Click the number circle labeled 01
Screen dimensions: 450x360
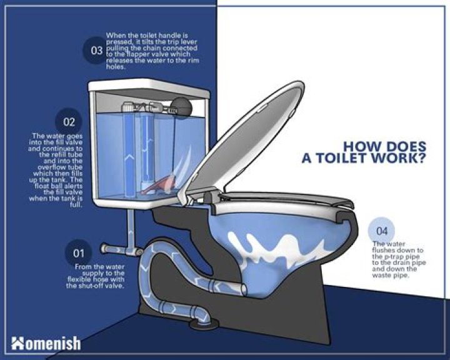(x=78, y=253)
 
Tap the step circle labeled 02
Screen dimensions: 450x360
(x=69, y=122)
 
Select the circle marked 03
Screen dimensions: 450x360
(x=96, y=51)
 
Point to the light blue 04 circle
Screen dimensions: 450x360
(x=382, y=231)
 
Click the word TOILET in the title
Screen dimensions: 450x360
(x=337, y=158)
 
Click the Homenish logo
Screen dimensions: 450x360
(x=46, y=343)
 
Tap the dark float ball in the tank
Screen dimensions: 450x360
(x=181, y=108)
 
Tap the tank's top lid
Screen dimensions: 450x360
(x=149, y=88)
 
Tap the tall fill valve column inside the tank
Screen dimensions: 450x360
(x=128, y=151)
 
